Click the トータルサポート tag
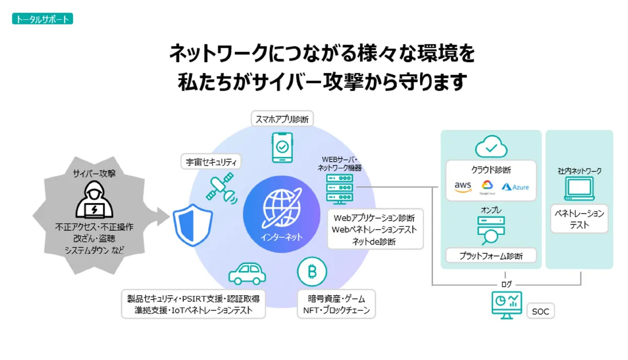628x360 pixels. click(x=42, y=19)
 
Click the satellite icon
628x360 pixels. click(x=221, y=188)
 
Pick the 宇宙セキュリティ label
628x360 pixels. click(x=211, y=162)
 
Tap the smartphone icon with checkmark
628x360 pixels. click(x=282, y=148)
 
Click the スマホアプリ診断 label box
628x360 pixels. click(x=282, y=118)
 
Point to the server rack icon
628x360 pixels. click(x=339, y=188)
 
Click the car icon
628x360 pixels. click(x=247, y=273)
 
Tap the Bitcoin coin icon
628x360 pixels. click(x=312, y=272)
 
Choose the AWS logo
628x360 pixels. click(x=463, y=187)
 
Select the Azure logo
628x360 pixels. click(x=515, y=187)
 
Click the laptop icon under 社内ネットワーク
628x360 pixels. click(x=579, y=189)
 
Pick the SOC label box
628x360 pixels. click(x=540, y=311)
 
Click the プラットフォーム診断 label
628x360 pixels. click(x=491, y=256)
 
